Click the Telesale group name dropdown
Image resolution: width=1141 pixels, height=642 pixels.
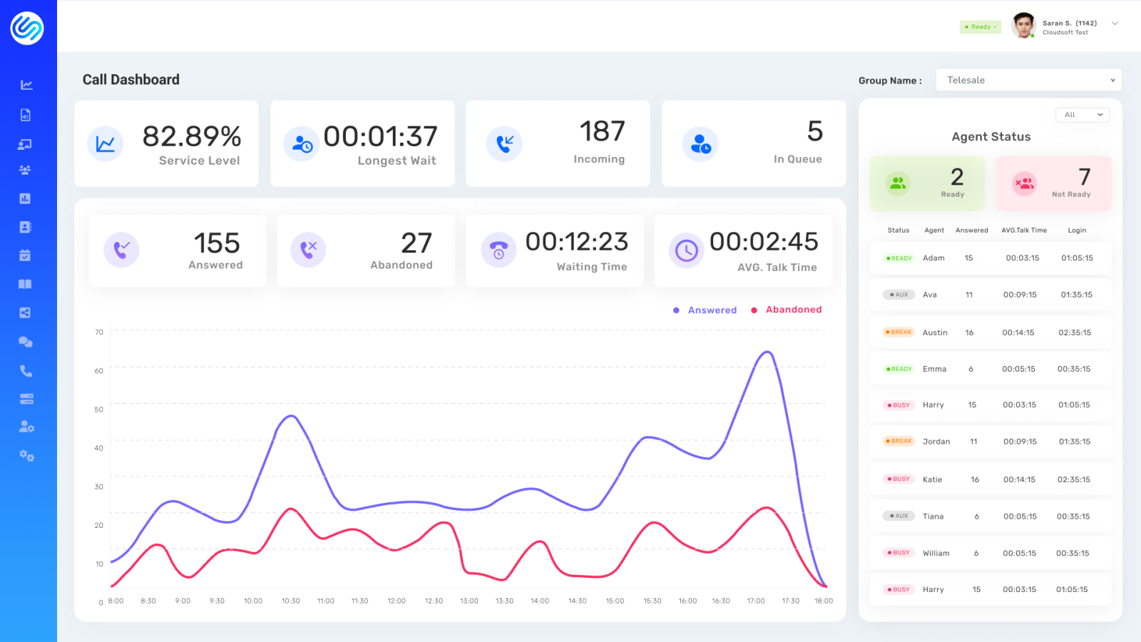coord(1028,80)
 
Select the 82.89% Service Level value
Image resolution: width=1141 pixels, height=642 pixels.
coord(191,136)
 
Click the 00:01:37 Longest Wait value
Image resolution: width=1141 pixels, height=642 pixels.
coord(380,136)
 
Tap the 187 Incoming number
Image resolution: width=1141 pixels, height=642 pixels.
coord(602,131)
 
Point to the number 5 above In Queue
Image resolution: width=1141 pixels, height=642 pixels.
coord(814,131)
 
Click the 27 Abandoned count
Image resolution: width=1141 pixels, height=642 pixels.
coord(416,243)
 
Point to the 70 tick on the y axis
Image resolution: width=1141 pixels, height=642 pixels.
coord(99,332)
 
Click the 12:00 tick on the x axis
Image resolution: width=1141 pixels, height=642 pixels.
coord(396,601)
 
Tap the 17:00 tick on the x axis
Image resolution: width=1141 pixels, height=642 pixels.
coord(756,601)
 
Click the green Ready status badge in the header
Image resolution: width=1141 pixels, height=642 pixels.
coord(981,27)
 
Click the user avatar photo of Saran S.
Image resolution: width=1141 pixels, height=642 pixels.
coord(1023,26)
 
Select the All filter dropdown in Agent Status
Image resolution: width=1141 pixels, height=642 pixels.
coord(1082,115)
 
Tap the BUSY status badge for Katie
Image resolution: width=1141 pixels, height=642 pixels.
coord(899,479)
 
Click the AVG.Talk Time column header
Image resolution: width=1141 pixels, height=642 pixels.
coord(1023,230)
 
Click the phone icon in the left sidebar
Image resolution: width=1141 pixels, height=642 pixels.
coord(26,371)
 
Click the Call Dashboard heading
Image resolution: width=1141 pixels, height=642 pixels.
coord(131,80)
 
